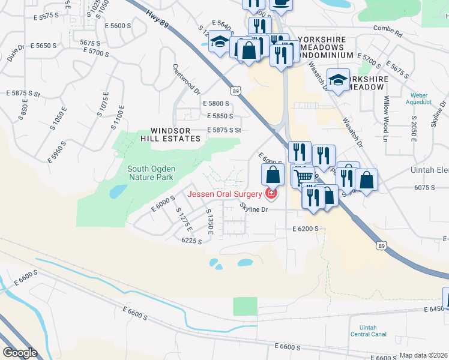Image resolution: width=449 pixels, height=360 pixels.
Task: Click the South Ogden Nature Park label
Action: click(151, 173)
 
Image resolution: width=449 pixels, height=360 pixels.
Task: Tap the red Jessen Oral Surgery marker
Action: click(272, 193)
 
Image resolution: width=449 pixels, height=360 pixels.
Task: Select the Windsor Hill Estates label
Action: click(175, 134)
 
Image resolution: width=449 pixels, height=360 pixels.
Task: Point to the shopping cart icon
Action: click(304, 176)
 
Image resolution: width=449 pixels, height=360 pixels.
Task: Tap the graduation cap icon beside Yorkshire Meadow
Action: click(338, 80)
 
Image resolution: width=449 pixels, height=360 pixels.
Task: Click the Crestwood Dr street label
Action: click(186, 79)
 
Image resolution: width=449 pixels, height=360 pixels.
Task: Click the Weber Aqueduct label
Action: click(419, 99)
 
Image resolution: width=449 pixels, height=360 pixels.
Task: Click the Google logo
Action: click(20, 353)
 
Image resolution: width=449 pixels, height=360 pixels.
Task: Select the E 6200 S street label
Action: click(305, 229)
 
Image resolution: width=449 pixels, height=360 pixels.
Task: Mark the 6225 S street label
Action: click(191, 240)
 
